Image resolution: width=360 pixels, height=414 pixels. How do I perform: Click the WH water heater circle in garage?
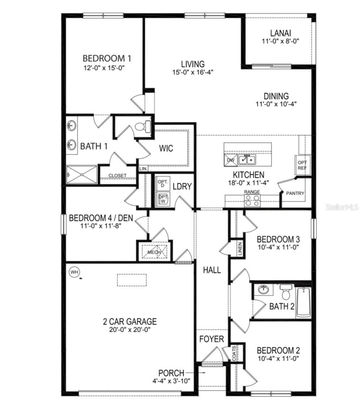[x=74, y=272]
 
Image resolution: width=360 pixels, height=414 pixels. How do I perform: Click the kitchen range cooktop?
[x=252, y=200]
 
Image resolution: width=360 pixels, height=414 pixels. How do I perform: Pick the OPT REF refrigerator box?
[x=302, y=165]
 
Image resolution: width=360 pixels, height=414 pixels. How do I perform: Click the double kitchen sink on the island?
[x=247, y=160]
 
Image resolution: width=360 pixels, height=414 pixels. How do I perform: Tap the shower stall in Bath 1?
[x=82, y=175]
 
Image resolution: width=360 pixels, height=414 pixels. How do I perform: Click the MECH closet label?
[x=154, y=252]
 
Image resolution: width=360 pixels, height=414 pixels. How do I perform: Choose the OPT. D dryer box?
[x=162, y=184]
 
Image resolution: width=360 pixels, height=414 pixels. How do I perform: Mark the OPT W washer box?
[x=163, y=199]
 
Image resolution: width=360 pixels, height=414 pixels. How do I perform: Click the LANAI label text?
[x=280, y=33]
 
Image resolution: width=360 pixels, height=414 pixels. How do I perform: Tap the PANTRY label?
[x=295, y=193]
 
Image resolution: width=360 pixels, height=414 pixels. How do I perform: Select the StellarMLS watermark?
[x=342, y=207]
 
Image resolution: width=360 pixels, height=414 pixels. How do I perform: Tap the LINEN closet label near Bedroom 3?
[x=240, y=249]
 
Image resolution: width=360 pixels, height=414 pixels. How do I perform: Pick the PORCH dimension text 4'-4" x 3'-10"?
[x=171, y=381]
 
